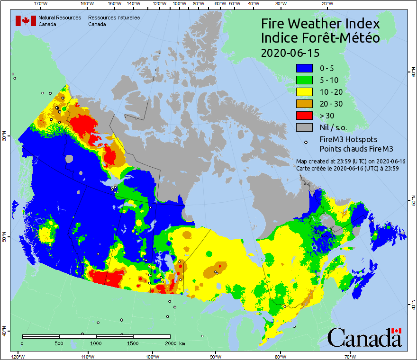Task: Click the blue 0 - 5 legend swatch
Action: [x=305, y=69]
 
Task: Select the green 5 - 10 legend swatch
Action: [x=305, y=80]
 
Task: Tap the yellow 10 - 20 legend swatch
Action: [x=305, y=92]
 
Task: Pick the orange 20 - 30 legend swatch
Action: [x=305, y=104]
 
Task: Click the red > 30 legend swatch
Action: [x=305, y=115]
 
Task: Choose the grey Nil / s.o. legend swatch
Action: [x=305, y=127]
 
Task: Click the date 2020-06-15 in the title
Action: [x=290, y=52]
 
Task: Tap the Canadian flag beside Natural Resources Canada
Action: [x=25, y=20]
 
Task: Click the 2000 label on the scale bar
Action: [x=171, y=343]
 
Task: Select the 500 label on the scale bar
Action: [x=58, y=343]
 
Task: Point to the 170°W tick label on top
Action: [x=41, y=3]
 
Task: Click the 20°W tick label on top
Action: [x=326, y=3]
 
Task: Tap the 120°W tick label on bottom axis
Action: [x=18, y=356]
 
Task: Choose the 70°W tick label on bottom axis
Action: [x=351, y=356]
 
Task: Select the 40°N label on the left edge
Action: [x=4, y=332]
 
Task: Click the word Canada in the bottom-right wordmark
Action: [x=364, y=338]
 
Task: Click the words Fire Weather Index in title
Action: [x=320, y=24]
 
